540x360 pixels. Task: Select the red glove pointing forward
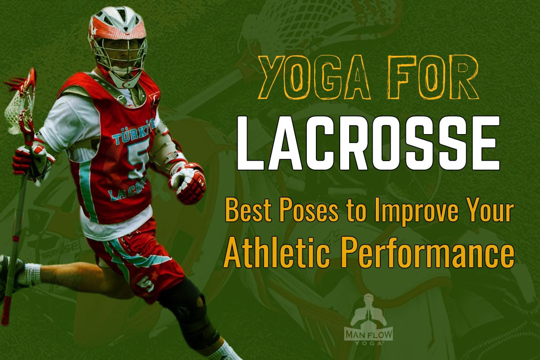click(188, 182)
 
